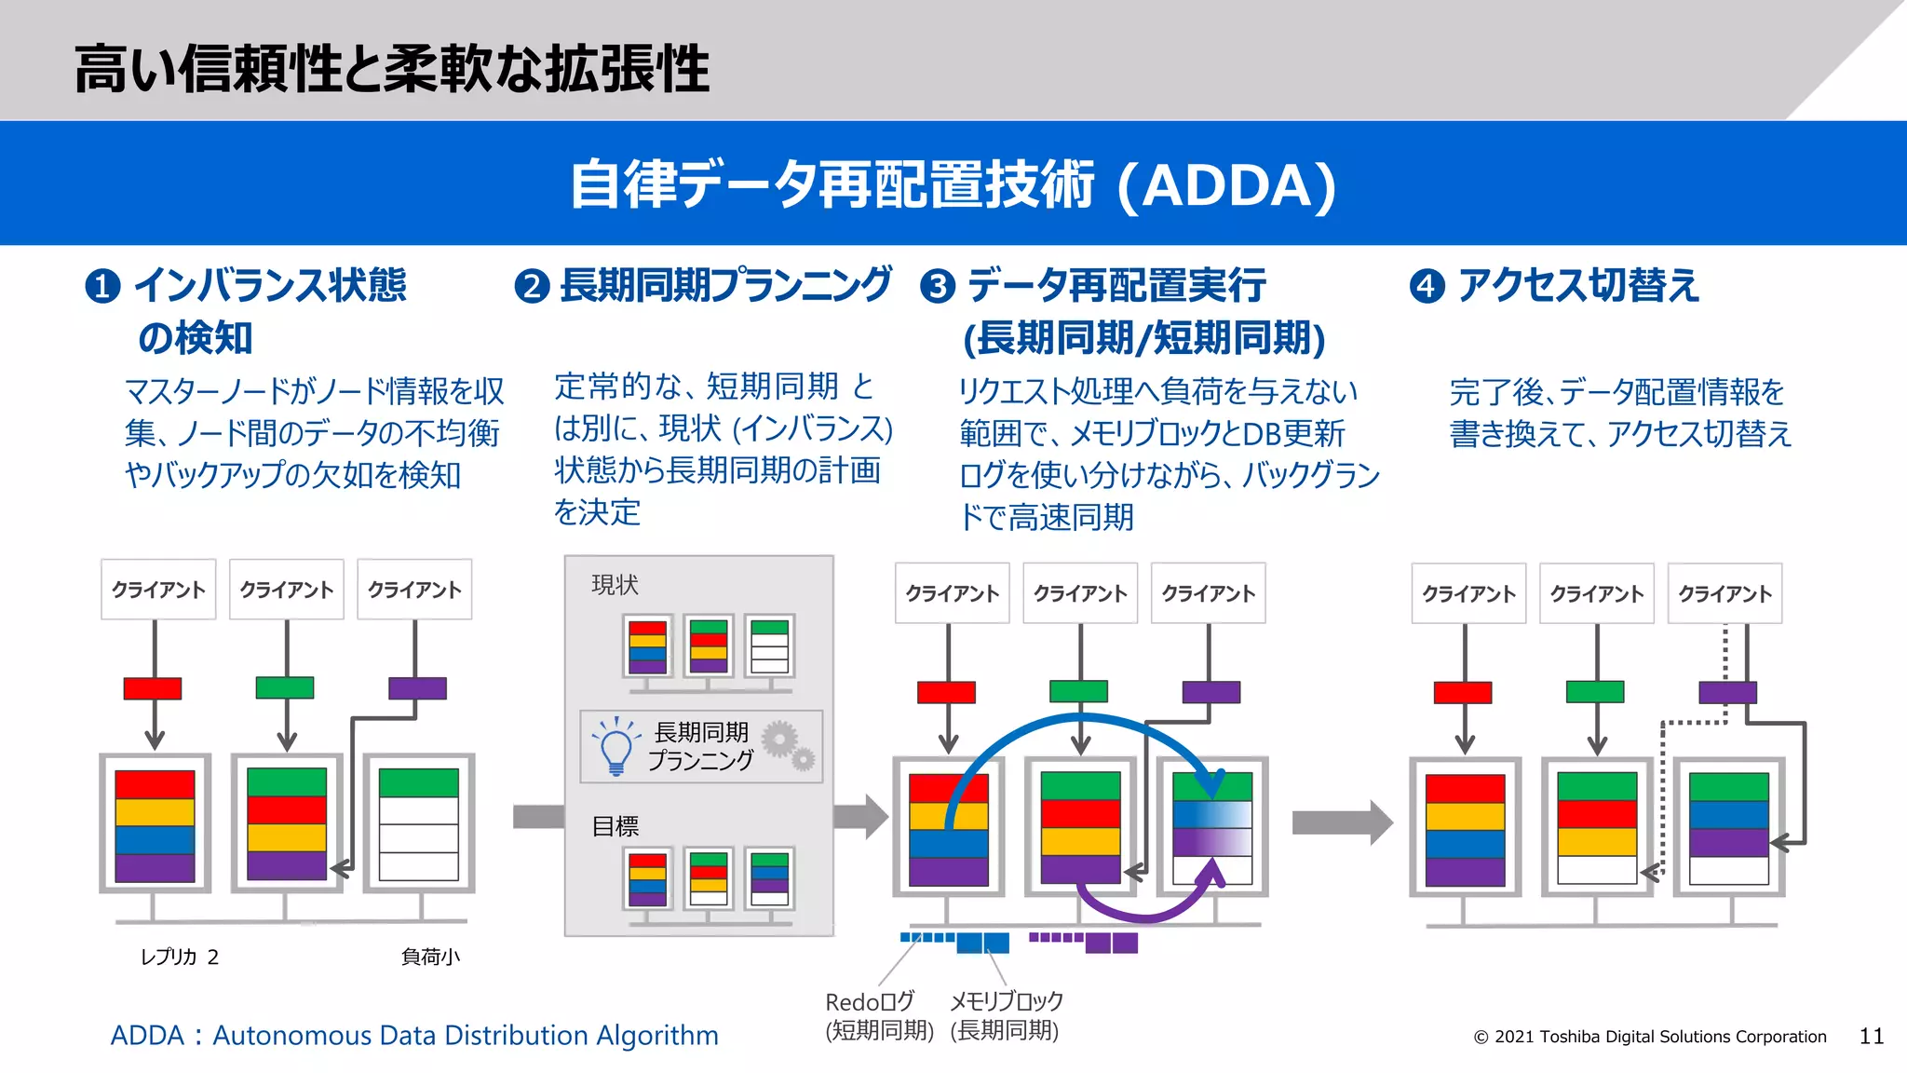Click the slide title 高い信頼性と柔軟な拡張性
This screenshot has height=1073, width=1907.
[x=391, y=69]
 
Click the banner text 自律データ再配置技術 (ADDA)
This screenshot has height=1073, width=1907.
[x=953, y=184]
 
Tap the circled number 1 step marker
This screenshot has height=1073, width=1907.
[x=102, y=286]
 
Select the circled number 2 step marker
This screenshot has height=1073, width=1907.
[x=532, y=286]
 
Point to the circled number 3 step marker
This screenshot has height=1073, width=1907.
[x=938, y=286]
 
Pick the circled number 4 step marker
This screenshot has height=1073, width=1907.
[x=1427, y=286]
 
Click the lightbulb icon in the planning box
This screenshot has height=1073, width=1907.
[x=615, y=746]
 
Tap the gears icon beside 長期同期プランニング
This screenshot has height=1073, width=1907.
[x=788, y=745]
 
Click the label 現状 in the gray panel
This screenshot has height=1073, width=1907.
[x=615, y=585]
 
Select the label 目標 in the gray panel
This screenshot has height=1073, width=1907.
[x=615, y=826]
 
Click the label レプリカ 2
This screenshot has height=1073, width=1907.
[x=179, y=957]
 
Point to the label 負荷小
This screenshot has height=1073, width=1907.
[x=430, y=957]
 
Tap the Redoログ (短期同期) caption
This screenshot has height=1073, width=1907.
[x=878, y=1015]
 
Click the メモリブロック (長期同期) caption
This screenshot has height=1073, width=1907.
[x=1006, y=1015]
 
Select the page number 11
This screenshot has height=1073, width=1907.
[x=1872, y=1036]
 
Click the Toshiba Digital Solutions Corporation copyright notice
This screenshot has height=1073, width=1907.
[x=1650, y=1037]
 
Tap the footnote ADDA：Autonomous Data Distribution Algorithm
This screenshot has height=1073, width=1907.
[x=414, y=1035]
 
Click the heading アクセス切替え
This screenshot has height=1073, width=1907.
[x=1578, y=285]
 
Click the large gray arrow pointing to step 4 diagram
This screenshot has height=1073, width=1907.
[x=1342, y=822]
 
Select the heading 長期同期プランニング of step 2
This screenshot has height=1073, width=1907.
[x=725, y=285]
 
